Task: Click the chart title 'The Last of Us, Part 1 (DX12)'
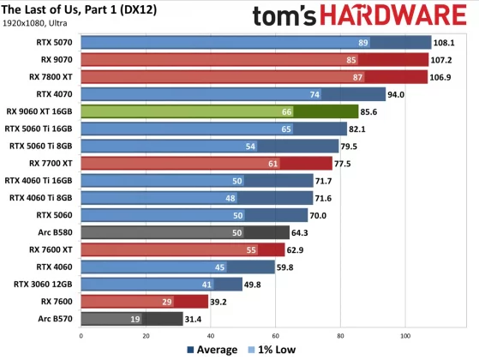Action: (x=82, y=9)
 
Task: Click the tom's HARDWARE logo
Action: (x=361, y=16)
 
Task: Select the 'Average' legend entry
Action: (x=212, y=350)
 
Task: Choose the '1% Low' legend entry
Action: (x=273, y=350)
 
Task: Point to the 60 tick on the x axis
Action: (x=276, y=336)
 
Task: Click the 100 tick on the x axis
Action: (x=405, y=336)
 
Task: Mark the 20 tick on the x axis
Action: (x=146, y=336)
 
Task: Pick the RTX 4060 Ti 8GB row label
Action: (x=43, y=197)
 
